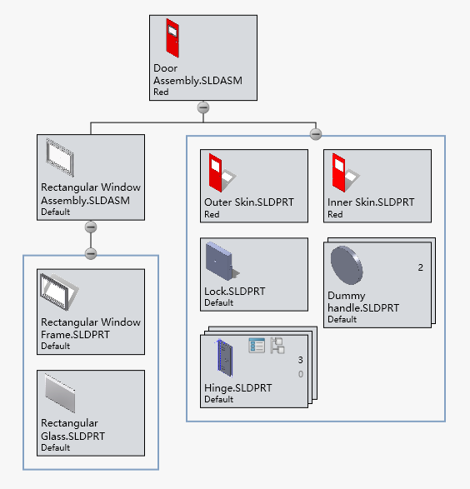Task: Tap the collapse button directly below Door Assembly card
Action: click(x=202, y=107)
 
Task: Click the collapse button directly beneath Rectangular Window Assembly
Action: click(x=91, y=227)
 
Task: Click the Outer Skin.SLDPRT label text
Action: click(x=248, y=202)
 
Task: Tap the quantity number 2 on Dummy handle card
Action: click(x=420, y=267)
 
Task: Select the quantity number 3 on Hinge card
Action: click(x=300, y=360)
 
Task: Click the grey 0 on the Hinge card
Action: click(x=300, y=374)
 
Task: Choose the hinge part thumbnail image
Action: click(x=222, y=357)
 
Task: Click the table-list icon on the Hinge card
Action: click(x=257, y=345)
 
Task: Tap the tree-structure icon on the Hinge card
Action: click(x=277, y=345)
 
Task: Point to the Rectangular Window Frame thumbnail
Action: click(x=59, y=292)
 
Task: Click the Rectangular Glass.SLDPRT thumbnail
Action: click(x=60, y=392)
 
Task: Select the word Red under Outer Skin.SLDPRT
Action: click(x=212, y=214)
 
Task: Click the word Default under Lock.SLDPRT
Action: click(x=218, y=303)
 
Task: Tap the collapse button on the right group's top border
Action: click(x=315, y=134)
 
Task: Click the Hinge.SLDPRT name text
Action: click(x=237, y=388)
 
